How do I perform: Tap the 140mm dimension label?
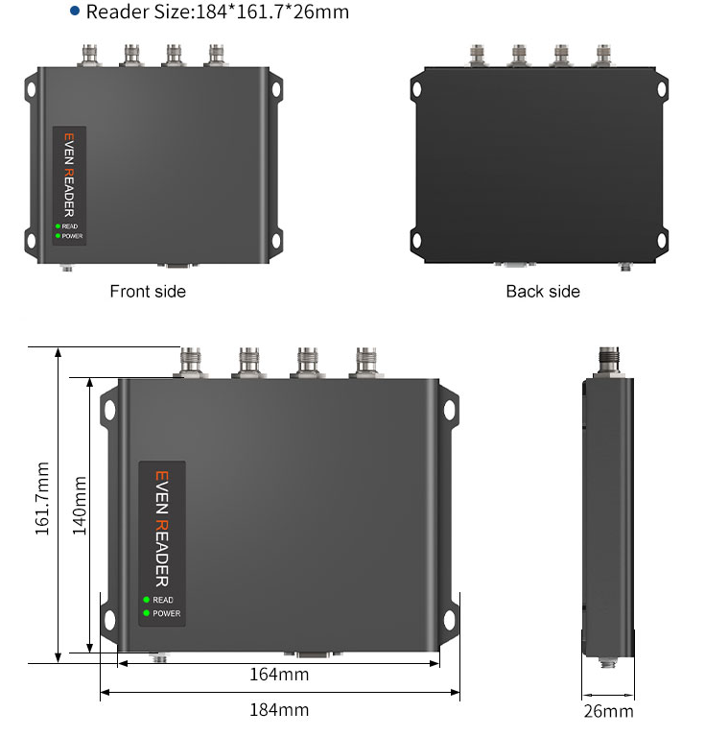[81, 505]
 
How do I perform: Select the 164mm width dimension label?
[279, 675]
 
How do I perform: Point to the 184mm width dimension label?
[279, 710]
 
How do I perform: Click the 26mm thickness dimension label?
[608, 711]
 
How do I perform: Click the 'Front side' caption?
[148, 291]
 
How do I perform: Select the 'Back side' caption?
[543, 291]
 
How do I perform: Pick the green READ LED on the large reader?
[147, 600]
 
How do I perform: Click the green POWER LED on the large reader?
[147, 613]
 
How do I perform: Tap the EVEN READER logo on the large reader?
[161, 528]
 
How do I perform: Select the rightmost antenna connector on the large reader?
[366, 362]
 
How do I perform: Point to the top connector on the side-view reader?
[608, 362]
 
